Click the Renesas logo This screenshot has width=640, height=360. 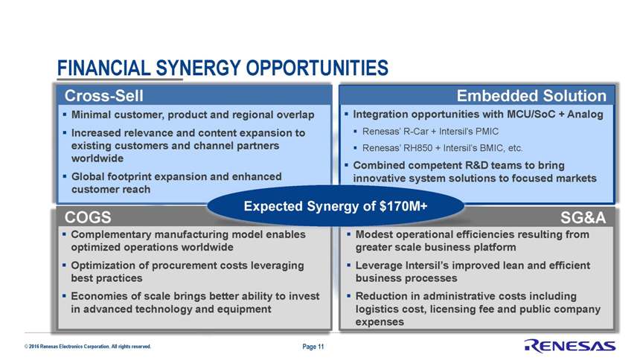click(569, 346)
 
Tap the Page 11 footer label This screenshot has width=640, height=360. click(313, 347)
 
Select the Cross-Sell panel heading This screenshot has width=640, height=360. click(103, 96)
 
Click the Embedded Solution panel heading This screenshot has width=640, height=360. click(531, 95)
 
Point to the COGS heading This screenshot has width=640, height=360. click(88, 217)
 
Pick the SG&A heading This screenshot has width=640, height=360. click(583, 217)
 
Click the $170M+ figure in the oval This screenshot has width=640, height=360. click(403, 206)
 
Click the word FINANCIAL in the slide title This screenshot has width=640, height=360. click(104, 68)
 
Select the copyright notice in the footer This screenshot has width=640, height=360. click(87, 347)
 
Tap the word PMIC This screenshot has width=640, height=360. click(487, 132)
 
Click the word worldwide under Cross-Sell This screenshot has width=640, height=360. click(97, 158)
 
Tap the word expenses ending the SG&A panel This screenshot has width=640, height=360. click(380, 322)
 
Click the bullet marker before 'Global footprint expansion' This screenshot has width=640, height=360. click(65, 176)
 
